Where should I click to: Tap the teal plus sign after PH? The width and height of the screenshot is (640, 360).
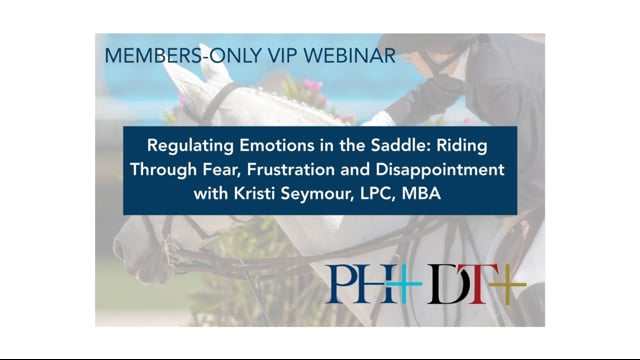pyautogui.click(x=404, y=285)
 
